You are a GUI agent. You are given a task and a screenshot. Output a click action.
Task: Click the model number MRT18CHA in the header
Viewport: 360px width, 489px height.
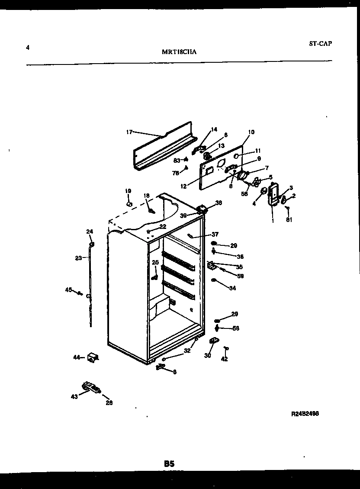tap(180, 52)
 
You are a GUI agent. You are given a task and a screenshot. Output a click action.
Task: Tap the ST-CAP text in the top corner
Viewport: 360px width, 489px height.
tap(321, 43)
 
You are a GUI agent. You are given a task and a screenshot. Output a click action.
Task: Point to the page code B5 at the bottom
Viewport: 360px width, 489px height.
tap(169, 463)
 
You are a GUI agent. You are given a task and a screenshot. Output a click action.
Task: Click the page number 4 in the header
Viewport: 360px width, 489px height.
tap(28, 48)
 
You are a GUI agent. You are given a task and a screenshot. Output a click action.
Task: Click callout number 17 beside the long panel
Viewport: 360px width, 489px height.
tap(129, 132)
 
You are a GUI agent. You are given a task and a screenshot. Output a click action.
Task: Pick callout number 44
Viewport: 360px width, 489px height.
tap(77, 357)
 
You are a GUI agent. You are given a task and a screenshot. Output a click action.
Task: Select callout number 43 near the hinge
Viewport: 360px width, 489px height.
tap(74, 396)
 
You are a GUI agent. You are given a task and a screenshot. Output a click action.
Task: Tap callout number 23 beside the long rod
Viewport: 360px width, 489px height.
tap(78, 258)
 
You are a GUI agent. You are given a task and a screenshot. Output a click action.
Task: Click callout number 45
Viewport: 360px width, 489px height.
tap(68, 290)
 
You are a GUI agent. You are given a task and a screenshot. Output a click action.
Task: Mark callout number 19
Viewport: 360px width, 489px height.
tap(128, 191)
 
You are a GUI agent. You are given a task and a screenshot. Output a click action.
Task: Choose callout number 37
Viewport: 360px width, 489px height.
tap(215, 235)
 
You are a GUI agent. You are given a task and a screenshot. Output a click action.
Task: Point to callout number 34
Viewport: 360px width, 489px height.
tap(232, 288)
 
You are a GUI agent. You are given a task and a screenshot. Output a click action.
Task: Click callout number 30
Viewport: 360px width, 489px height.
tap(207, 355)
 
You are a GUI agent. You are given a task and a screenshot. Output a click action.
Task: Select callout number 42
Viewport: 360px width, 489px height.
tap(224, 359)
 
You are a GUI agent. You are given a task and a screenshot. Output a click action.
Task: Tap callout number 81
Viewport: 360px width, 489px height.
tap(289, 219)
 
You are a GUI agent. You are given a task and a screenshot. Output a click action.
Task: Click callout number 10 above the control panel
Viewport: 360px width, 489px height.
tap(251, 132)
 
